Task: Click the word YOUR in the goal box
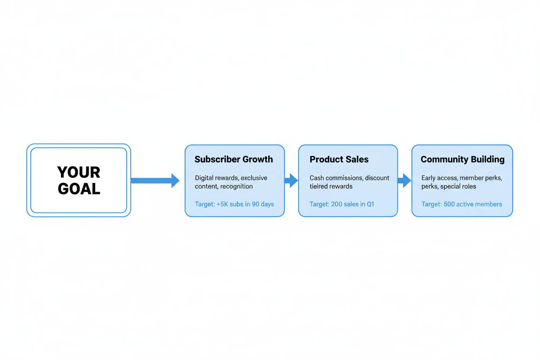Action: pyautogui.click(x=79, y=172)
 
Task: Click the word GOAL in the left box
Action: pyautogui.click(x=79, y=189)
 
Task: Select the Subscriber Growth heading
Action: pyautogui.click(x=234, y=159)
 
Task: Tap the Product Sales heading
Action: pyautogui.click(x=339, y=159)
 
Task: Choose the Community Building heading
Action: pyautogui.click(x=462, y=159)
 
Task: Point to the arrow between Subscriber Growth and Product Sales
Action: pyautogui.click(x=291, y=180)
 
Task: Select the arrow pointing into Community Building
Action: pyautogui.click(x=405, y=180)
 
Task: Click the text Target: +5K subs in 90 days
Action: pyautogui.click(x=234, y=204)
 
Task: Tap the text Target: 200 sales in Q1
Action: pyautogui.click(x=341, y=204)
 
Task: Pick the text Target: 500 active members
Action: pyautogui.click(x=462, y=204)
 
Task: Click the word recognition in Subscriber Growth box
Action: pyautogui.click(x=236, y=186)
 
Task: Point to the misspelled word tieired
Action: pyautogui.click(x=319, y=186)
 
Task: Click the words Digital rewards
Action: pyautogui.click(x=215, y=178)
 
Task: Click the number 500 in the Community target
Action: pyautogui.click(x=449, y=204)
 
